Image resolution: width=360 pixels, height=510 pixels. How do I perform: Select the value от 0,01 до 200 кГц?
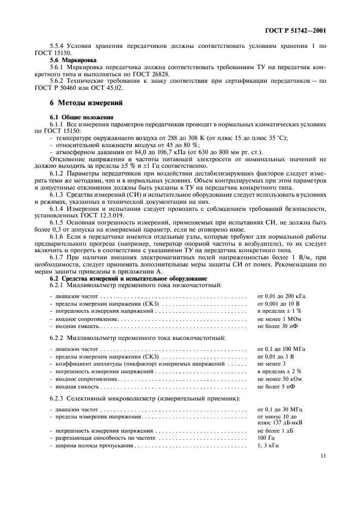click(282, 296)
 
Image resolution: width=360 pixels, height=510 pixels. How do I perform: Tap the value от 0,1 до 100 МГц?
click(282, 348)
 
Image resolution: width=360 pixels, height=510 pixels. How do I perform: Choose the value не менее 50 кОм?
click(280, 379)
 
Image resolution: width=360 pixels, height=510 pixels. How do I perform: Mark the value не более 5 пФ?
click(276, 386)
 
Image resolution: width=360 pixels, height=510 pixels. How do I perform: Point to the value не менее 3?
click(271, 363)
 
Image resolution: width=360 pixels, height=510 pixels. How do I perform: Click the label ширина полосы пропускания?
click(95, 445)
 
